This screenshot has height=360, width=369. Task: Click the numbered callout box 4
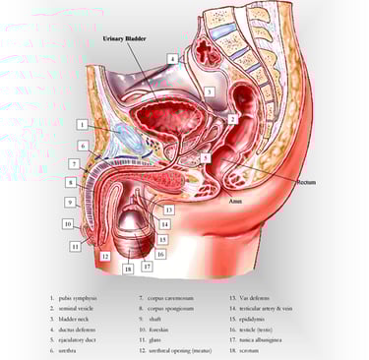coord(172,60)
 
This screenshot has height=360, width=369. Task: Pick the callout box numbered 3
coord(209,91)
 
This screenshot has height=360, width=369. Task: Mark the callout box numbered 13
coord(169,210)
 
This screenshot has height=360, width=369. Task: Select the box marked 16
coord(160,254)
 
